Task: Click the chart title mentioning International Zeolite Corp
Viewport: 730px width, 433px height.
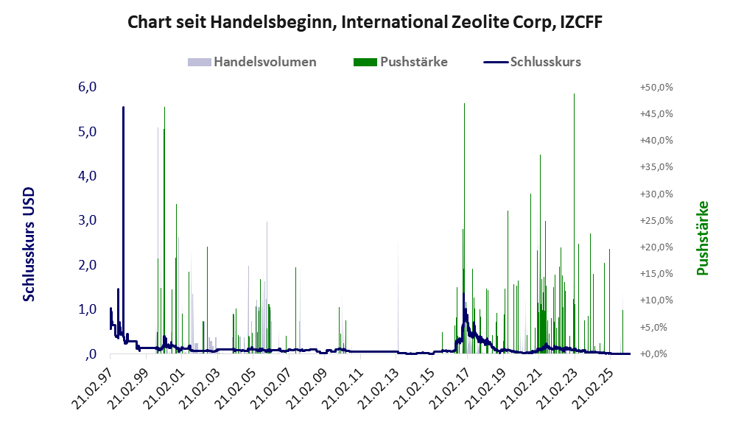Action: pyautogui.click(x=365, y=22)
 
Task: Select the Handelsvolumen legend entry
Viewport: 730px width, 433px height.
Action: pyautogui.click(x=252, y=62)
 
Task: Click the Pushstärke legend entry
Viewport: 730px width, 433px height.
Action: pyautogui.click(x=401, y=62)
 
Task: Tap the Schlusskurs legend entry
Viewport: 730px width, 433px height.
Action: pyautogui.click(x=532, y=62)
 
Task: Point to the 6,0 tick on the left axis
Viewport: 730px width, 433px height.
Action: pyautogui.click(x=87, y=87)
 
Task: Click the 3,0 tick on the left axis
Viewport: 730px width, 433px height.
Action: pyautogui.click(x=87, y=220)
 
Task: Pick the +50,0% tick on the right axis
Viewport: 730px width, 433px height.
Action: pyautogui.click(x=656, y=87)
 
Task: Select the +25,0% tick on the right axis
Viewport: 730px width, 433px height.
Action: pyautogui.click(x=656, y=220)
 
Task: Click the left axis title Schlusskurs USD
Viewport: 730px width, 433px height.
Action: pyautogui.click(x=29, y=244)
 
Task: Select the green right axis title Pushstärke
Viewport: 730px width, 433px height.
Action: pyautogui.click(x=703, y=238)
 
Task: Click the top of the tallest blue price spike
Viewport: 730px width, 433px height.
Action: pyautogui.click(x=123, y=107)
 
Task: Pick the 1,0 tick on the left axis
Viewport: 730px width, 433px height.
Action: pyautogui.click(x=87, y=309)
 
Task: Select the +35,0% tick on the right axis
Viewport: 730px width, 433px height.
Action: pyautogui.click(x=656, y=166)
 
